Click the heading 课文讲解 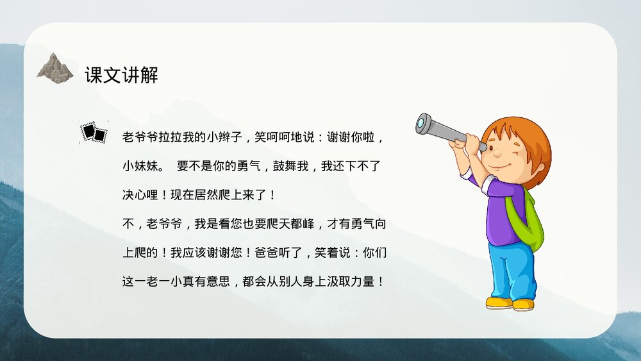[121, 75]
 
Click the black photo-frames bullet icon [94, 131]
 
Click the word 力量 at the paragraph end [366, 281]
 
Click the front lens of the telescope [423, 123]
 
